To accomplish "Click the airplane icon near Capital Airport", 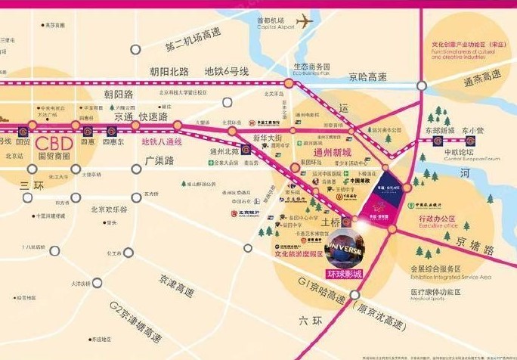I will click(305, 23).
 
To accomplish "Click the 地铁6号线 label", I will click(226, 72).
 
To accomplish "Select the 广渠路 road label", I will click(160, 160).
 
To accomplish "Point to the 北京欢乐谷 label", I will click(109, 209).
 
